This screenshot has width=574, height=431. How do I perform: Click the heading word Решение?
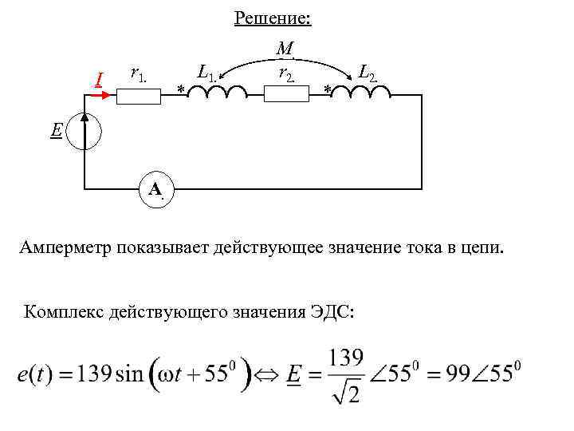pyautogui.click(x=273, y=18)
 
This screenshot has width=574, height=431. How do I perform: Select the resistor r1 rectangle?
pyautogui.click(x=139, y=95)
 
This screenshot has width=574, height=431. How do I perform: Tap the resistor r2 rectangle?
pyautogui.click(x=285, y=95)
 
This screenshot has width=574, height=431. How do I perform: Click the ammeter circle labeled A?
pyautogui.click(x=155, y=189)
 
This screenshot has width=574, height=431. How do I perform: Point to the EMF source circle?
pyautogui.click(x=85, y=131)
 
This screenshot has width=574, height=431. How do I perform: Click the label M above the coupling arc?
pyautogui.click(x=285, y=49)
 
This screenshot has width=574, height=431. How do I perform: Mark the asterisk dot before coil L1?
pyautogui.click(x=181, y=89)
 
